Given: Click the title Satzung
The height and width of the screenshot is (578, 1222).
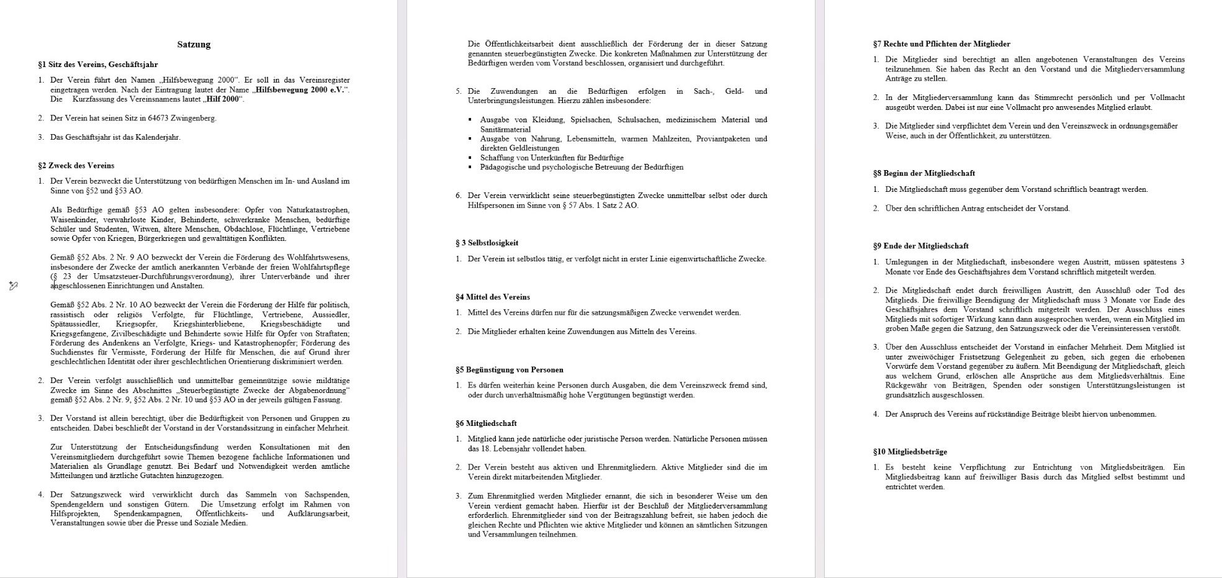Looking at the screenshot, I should (194, 45).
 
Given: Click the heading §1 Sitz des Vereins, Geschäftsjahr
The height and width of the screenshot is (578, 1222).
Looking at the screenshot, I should (98, 65).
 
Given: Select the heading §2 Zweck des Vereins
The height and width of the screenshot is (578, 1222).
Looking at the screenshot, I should (76, 166).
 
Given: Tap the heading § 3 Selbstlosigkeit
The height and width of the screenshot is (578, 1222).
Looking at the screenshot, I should (487, 243).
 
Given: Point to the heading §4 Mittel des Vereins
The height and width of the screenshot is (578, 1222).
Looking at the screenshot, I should (492, 297).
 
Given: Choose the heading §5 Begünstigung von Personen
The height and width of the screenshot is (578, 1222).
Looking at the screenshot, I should (509, 370).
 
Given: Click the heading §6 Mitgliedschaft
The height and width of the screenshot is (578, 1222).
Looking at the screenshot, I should (486, 423).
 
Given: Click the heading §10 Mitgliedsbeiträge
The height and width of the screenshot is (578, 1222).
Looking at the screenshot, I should (910, 452).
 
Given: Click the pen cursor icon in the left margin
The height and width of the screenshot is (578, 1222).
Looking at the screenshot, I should (13, 286).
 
